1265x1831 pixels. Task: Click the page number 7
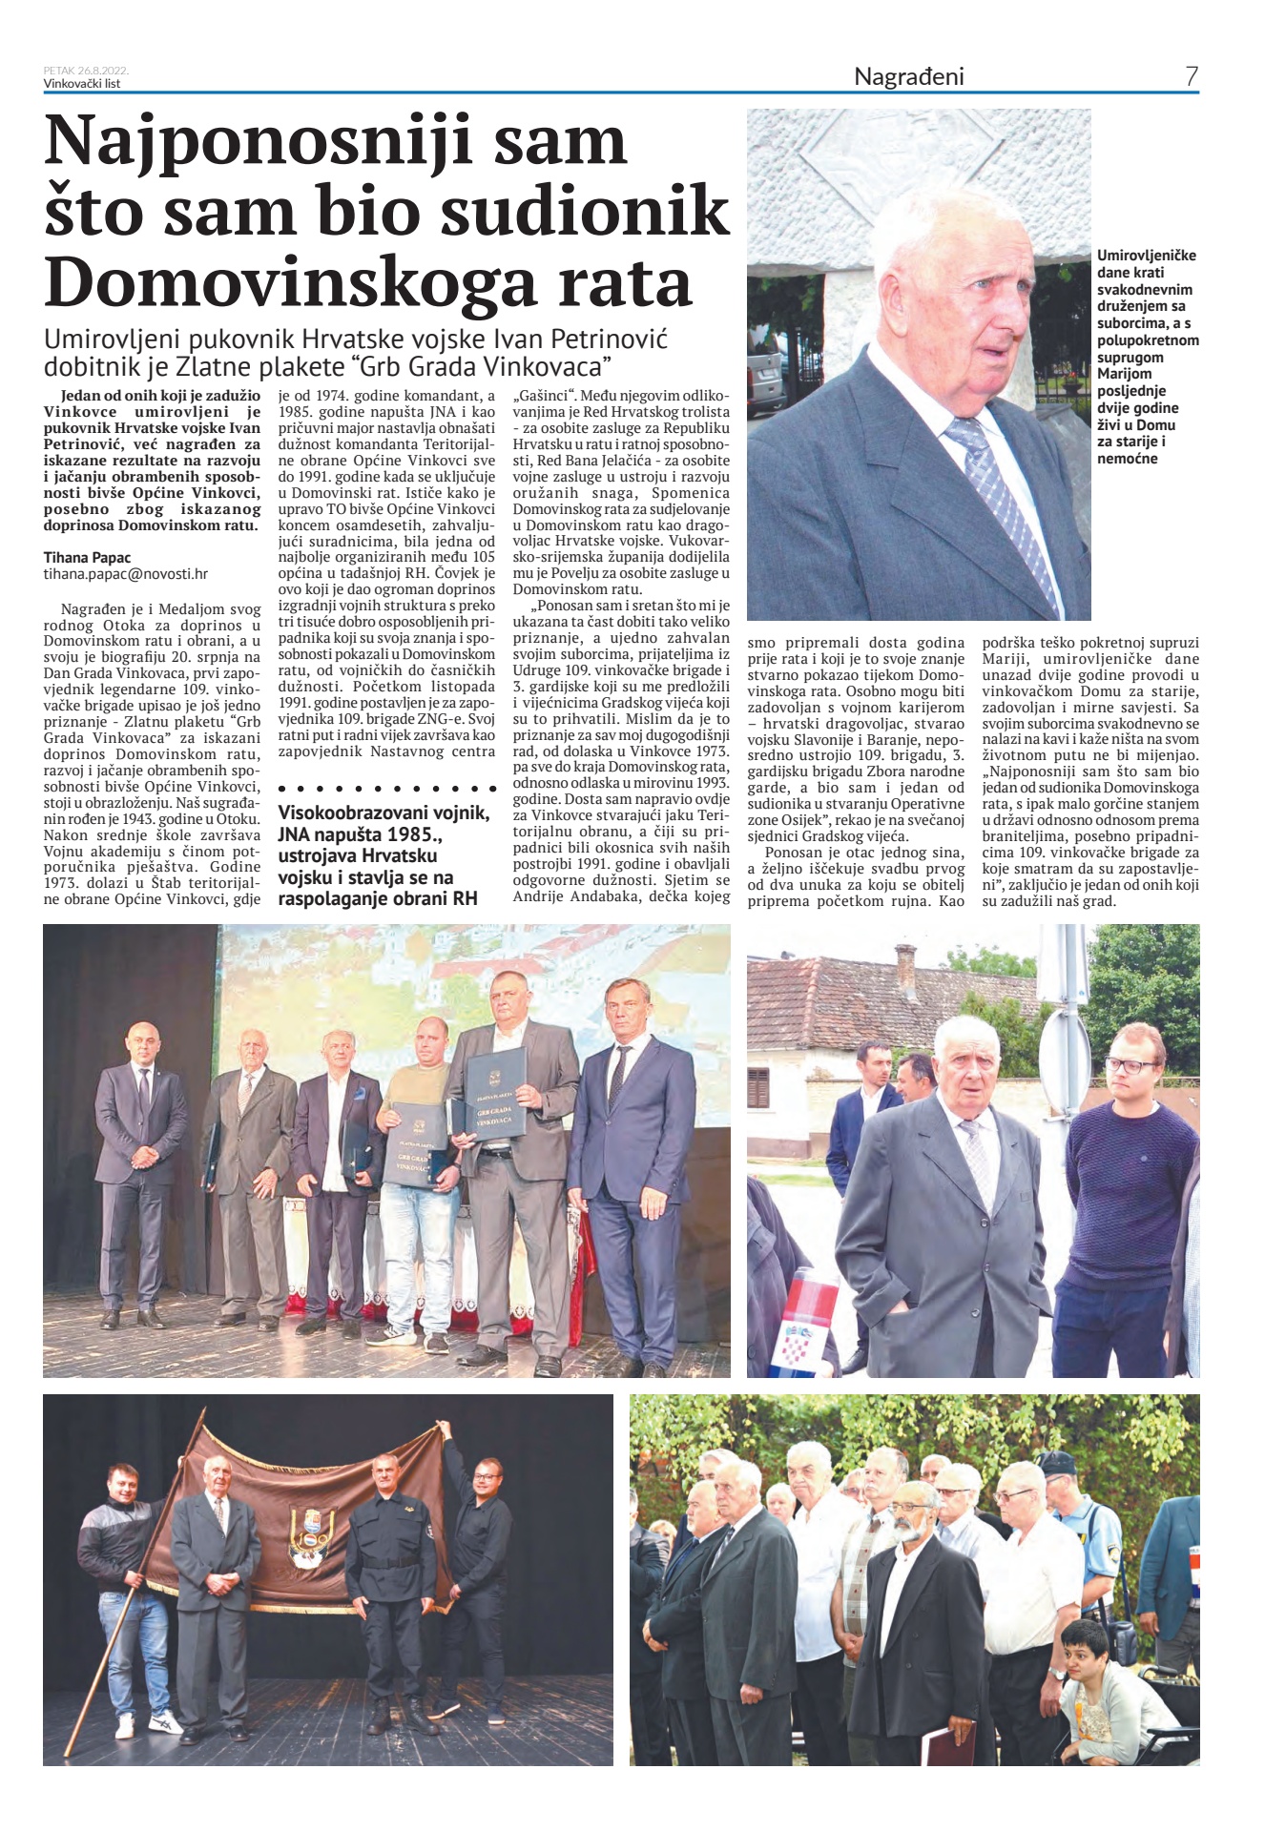coord(1191,76)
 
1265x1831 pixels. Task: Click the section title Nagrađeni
coord(908,76)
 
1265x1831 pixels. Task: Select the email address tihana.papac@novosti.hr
coord(125,574)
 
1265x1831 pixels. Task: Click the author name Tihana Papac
coord(87,558)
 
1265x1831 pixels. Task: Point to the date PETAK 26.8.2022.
coord(86,71)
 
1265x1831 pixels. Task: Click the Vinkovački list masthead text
coord(82,83)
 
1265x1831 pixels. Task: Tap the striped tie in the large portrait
coord(1002,496)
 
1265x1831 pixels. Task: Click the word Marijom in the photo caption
coord(1124,374)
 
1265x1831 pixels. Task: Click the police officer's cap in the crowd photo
coord(1056,1462)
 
